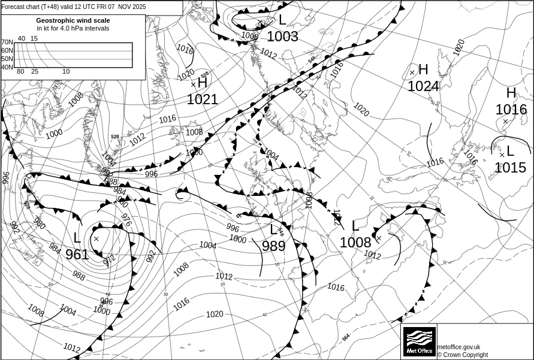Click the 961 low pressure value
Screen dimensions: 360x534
point(77,255)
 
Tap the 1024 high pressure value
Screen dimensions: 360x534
point(423,87)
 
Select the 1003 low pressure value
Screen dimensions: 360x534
point(282,37)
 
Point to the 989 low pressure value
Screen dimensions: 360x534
point(273,246)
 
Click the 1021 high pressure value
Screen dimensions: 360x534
point(202,100)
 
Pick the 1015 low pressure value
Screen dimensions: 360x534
point(510,168)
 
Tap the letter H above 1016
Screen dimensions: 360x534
point(511,93)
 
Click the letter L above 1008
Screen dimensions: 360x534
point(355,226)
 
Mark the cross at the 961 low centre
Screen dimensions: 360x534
point(96,238)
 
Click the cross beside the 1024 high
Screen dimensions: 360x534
point(412,72)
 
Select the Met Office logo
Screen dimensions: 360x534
point(419,341)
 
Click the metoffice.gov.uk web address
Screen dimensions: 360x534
point(458,347)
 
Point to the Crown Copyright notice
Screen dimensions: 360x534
point(463,355)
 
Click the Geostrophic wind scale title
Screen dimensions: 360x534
point(73,20)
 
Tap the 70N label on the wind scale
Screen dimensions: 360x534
point(7,42)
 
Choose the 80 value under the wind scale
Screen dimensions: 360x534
point(20,72)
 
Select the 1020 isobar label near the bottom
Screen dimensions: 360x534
point(214,314)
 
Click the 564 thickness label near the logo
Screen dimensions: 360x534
point(346,338)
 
